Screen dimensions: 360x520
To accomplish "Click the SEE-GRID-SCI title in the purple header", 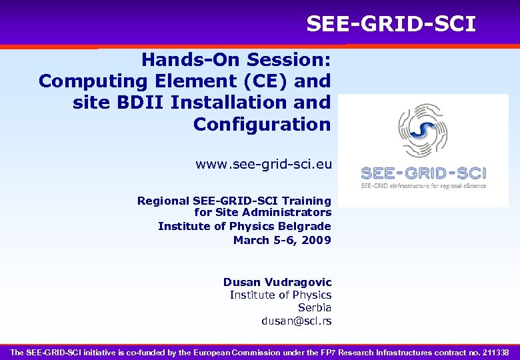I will (391, 25).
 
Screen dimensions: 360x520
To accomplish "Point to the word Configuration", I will (261, 124).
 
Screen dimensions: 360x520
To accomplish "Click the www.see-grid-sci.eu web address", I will (263, 164).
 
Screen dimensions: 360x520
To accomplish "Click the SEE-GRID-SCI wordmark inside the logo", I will (423, 173).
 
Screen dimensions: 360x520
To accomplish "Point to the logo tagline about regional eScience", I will (423, 185).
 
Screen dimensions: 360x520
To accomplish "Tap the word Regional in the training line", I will (163, 201).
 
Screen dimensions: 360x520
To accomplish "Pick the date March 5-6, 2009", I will (281, 240).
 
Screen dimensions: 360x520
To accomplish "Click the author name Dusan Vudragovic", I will (277, 282).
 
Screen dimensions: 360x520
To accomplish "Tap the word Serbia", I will (314, 307).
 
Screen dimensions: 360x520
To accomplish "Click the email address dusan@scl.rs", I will (296, 321).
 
